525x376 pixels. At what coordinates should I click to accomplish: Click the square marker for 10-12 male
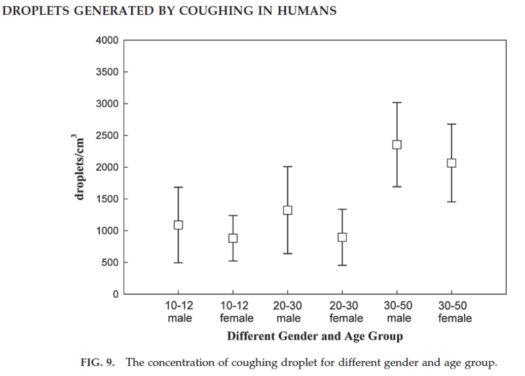click(x=178, y=225)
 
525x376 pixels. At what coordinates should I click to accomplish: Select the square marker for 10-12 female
click(x=233, y=238)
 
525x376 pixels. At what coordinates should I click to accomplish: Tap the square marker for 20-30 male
click(x=288, y=210)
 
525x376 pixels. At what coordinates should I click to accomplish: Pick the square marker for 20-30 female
click(x=343, y=237)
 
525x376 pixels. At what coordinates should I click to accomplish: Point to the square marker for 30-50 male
click(x=397, y=144)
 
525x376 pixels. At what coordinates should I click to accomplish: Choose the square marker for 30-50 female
click(x=452, y=163)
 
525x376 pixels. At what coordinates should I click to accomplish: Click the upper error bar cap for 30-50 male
click(x=397, y=102)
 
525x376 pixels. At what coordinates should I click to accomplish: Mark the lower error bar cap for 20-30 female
click(x=343, y=265)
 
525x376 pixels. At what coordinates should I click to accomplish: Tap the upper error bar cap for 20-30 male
click(x=288, y=166)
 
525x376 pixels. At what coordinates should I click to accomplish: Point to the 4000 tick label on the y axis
click(x=107, y=41)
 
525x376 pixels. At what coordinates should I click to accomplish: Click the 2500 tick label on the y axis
click(x=107, y=135)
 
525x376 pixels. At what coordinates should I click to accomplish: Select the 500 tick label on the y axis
click(x=110, y=262)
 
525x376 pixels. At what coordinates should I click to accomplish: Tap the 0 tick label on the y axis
click(x=116, y=294)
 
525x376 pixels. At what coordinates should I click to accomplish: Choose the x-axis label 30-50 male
click(x=397, y=312)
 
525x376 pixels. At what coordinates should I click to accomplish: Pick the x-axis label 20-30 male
click(x=288, y=312)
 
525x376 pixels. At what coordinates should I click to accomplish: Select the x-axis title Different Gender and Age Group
click(x=315, y=336)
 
